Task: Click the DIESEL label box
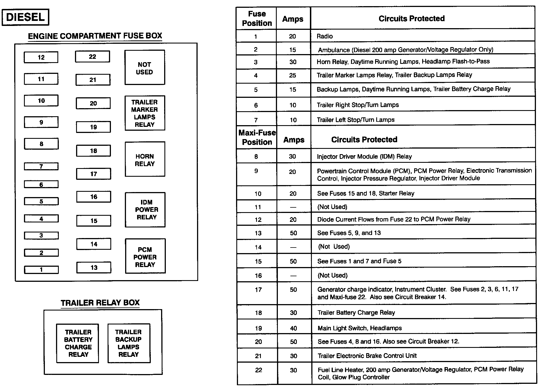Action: pos(25,17)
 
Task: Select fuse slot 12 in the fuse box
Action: pos(41,57)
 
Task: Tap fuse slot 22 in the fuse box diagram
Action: pos(93,57)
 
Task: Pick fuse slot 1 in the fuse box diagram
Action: pos(41,270)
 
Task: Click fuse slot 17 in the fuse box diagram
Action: pos(94,174)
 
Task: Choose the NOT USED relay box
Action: pos(145,67)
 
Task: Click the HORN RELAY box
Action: pos(145,159)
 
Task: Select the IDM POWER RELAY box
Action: pos(145,210)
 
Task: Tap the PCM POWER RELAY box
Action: pos(145,256)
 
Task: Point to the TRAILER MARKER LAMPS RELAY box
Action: pos(145,113)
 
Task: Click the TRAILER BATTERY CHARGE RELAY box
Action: pos(78,343)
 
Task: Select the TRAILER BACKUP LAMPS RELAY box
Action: pos(129,343)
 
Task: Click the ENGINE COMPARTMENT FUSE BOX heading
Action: pos(95,36)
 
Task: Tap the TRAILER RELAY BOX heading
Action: pos(100,303)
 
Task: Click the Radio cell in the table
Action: pos(325,36)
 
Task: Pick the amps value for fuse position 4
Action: pos(293,75)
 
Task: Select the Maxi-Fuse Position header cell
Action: pos(257,137)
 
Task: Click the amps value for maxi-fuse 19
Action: pos(293,328)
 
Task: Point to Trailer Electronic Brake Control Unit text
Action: pos(367,356)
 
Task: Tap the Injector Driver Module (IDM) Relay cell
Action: pos(364,156)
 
